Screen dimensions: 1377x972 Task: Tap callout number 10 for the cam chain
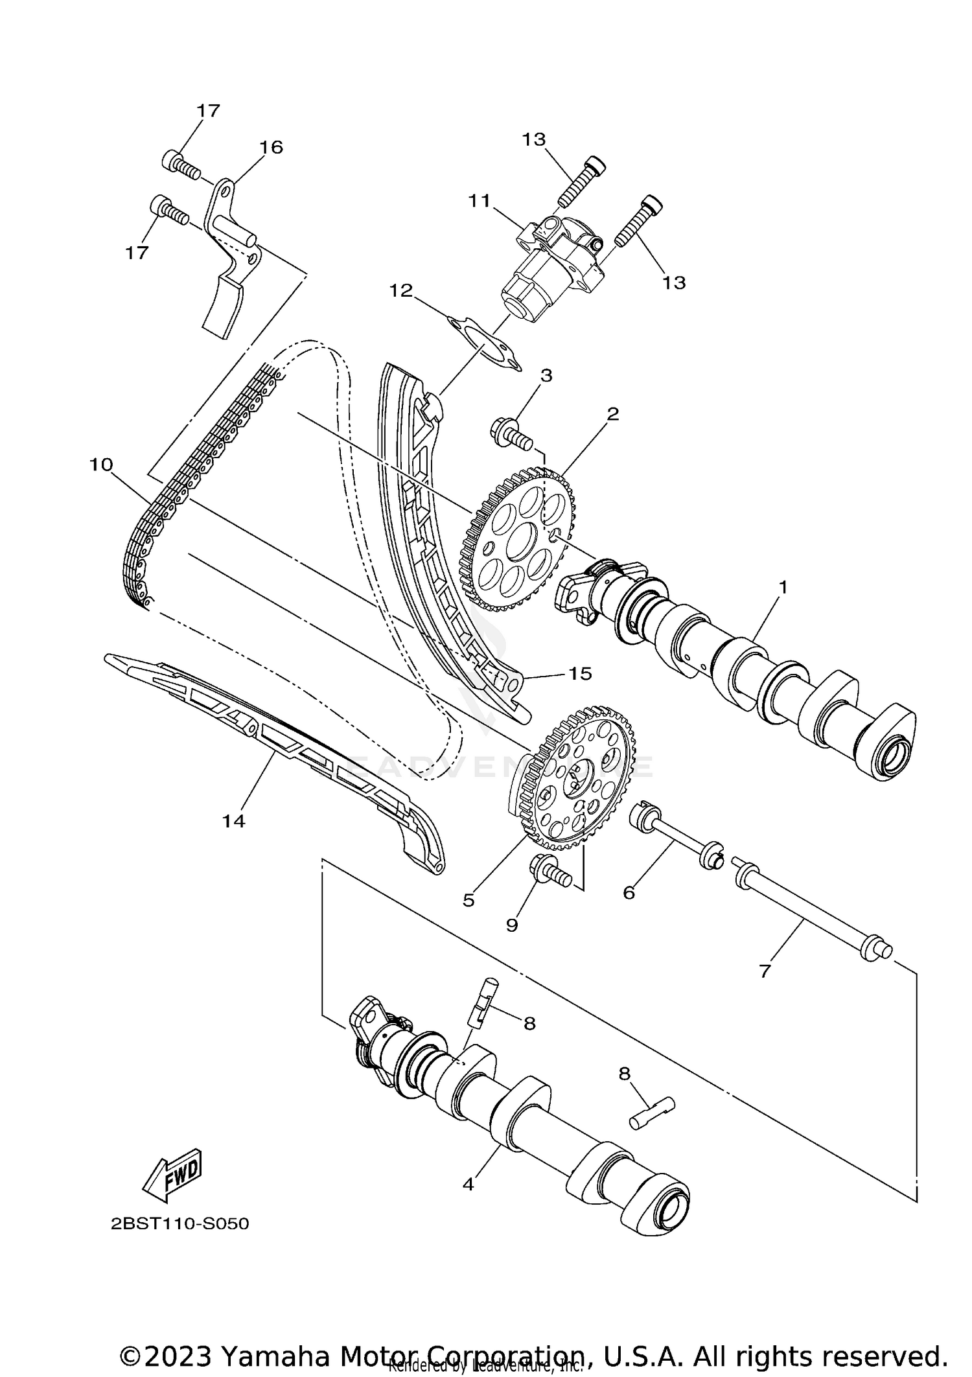click(x=101, y=465)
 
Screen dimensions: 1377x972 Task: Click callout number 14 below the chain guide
click(x=233, y=821)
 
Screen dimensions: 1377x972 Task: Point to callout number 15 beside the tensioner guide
click(x=580, y=673)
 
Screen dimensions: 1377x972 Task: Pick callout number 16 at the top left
click(x=271, y=147)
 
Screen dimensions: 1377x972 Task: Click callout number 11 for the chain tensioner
click(x=480, y=201)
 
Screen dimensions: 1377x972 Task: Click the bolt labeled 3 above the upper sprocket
click(x=511, y=434)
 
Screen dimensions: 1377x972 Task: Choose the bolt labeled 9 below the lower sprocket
click(x=551, y=872)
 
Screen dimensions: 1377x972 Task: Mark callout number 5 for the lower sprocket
click(x=469, y=899)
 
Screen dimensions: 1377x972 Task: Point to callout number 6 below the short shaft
click(x=628, y=892)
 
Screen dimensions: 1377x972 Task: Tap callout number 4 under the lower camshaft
click(x=469, y=1185)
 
